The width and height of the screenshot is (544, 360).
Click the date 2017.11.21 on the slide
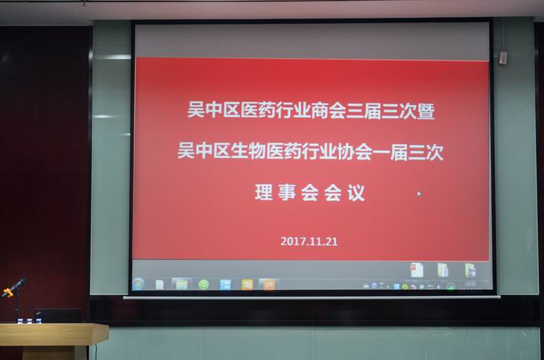309,241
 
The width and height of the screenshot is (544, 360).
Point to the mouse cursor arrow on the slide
420,194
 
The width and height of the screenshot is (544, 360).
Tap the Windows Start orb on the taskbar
139,284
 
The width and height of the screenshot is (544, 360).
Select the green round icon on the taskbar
203,285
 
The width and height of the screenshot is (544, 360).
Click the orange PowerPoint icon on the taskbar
269,285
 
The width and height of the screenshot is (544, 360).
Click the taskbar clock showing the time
470,284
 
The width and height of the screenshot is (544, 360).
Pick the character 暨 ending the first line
426,112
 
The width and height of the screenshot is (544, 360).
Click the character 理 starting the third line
264,192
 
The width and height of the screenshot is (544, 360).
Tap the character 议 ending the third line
356,193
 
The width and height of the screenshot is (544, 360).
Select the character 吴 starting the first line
196,110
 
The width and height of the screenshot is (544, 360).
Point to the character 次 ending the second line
434,153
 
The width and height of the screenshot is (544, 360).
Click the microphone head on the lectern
20,282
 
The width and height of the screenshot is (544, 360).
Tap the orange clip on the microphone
7,293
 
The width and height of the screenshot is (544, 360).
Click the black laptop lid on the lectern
58,315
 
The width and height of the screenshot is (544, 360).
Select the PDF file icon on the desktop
417,270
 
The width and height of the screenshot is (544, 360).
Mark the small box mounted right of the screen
503,57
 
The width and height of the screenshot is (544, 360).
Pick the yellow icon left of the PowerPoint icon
247,285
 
